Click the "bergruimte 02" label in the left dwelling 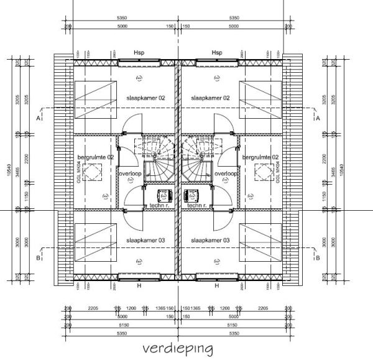pos(95,158)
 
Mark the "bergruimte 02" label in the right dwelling pos(260,158)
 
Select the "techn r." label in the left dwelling pos(160,205)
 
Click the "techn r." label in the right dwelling pos(197,205)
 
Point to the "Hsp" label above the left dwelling pos(139,53)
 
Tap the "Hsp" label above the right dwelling pos(217,53)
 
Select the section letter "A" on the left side pos(39,118)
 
